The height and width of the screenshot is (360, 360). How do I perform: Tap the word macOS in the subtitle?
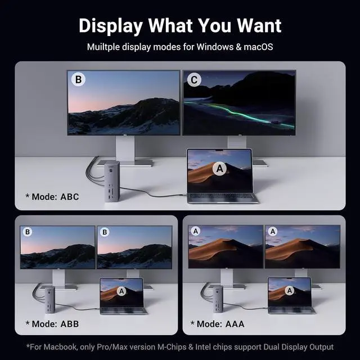(x=257, y=47)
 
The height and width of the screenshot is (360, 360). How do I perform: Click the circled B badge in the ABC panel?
(x=79, y=80)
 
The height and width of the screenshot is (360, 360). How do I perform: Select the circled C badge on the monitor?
(x=194, y=80)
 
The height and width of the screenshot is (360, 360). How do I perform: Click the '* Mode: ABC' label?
(x=52, y=197)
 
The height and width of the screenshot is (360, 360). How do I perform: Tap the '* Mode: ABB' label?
(x=52, y=323)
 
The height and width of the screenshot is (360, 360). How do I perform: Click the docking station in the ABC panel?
(x=111, y=181)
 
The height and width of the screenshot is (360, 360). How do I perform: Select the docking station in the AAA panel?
(x=218, y=299)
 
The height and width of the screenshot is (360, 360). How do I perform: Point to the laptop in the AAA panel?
(x=290, y=295)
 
